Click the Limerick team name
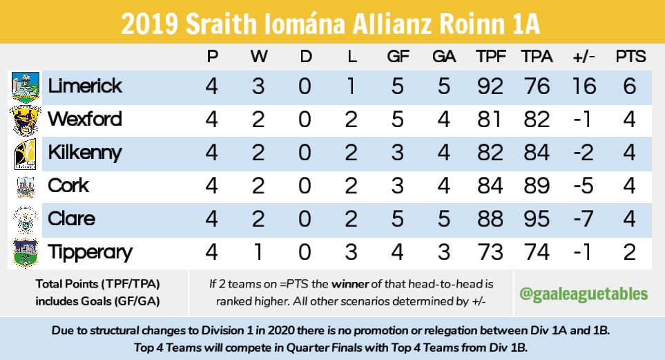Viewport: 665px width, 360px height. [x=85, y=86]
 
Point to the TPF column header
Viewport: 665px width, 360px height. [x=490, y=57]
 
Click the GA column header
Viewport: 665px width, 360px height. [x=444, y=57]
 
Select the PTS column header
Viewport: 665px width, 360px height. [x=630, y=57]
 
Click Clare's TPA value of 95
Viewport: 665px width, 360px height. [x=537, y=219]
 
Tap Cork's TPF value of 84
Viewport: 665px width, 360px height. [x=490, y=186]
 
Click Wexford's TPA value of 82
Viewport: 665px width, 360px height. [x=537, y=120]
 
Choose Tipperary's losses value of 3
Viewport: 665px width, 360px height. [x=351, y=252]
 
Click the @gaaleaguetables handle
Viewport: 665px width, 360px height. [x=584, y=294]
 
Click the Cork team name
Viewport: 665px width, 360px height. [x=68, y=186]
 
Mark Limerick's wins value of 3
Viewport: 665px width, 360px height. [x=258, y=86]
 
